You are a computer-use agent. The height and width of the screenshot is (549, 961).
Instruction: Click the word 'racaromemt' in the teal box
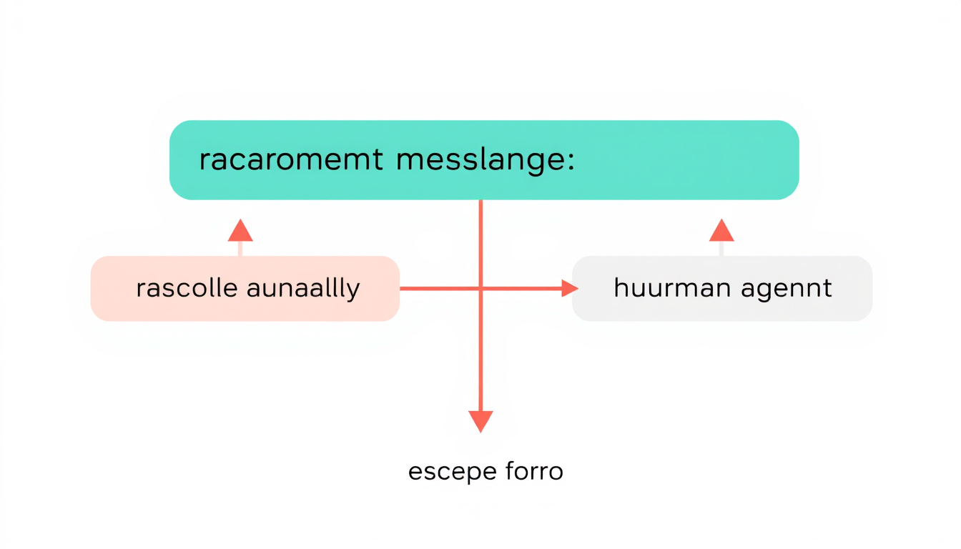(291, 160)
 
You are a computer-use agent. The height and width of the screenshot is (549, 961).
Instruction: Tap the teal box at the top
(644, 160)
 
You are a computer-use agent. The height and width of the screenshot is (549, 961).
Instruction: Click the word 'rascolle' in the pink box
(187, 289)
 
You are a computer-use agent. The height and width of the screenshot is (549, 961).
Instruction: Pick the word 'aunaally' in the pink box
(302, 289)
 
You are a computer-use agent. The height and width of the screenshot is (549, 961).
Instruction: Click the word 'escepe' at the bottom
(443, 472)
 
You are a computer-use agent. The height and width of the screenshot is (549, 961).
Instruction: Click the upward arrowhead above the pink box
(240, 231)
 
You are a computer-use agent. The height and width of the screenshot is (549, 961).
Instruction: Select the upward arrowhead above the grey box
(721, 231)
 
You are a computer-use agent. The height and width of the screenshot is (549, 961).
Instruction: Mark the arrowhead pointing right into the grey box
(569, 288)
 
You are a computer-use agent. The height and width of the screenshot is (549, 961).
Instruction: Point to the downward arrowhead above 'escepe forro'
(480, 421)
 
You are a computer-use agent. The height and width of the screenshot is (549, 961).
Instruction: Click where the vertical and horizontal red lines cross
(480, 288)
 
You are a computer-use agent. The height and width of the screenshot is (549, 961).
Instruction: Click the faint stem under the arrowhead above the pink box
(240, 248)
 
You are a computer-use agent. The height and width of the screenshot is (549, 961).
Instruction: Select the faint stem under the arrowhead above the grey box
(721, 248)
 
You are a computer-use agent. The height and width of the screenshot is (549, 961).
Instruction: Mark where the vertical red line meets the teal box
(480, 200)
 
